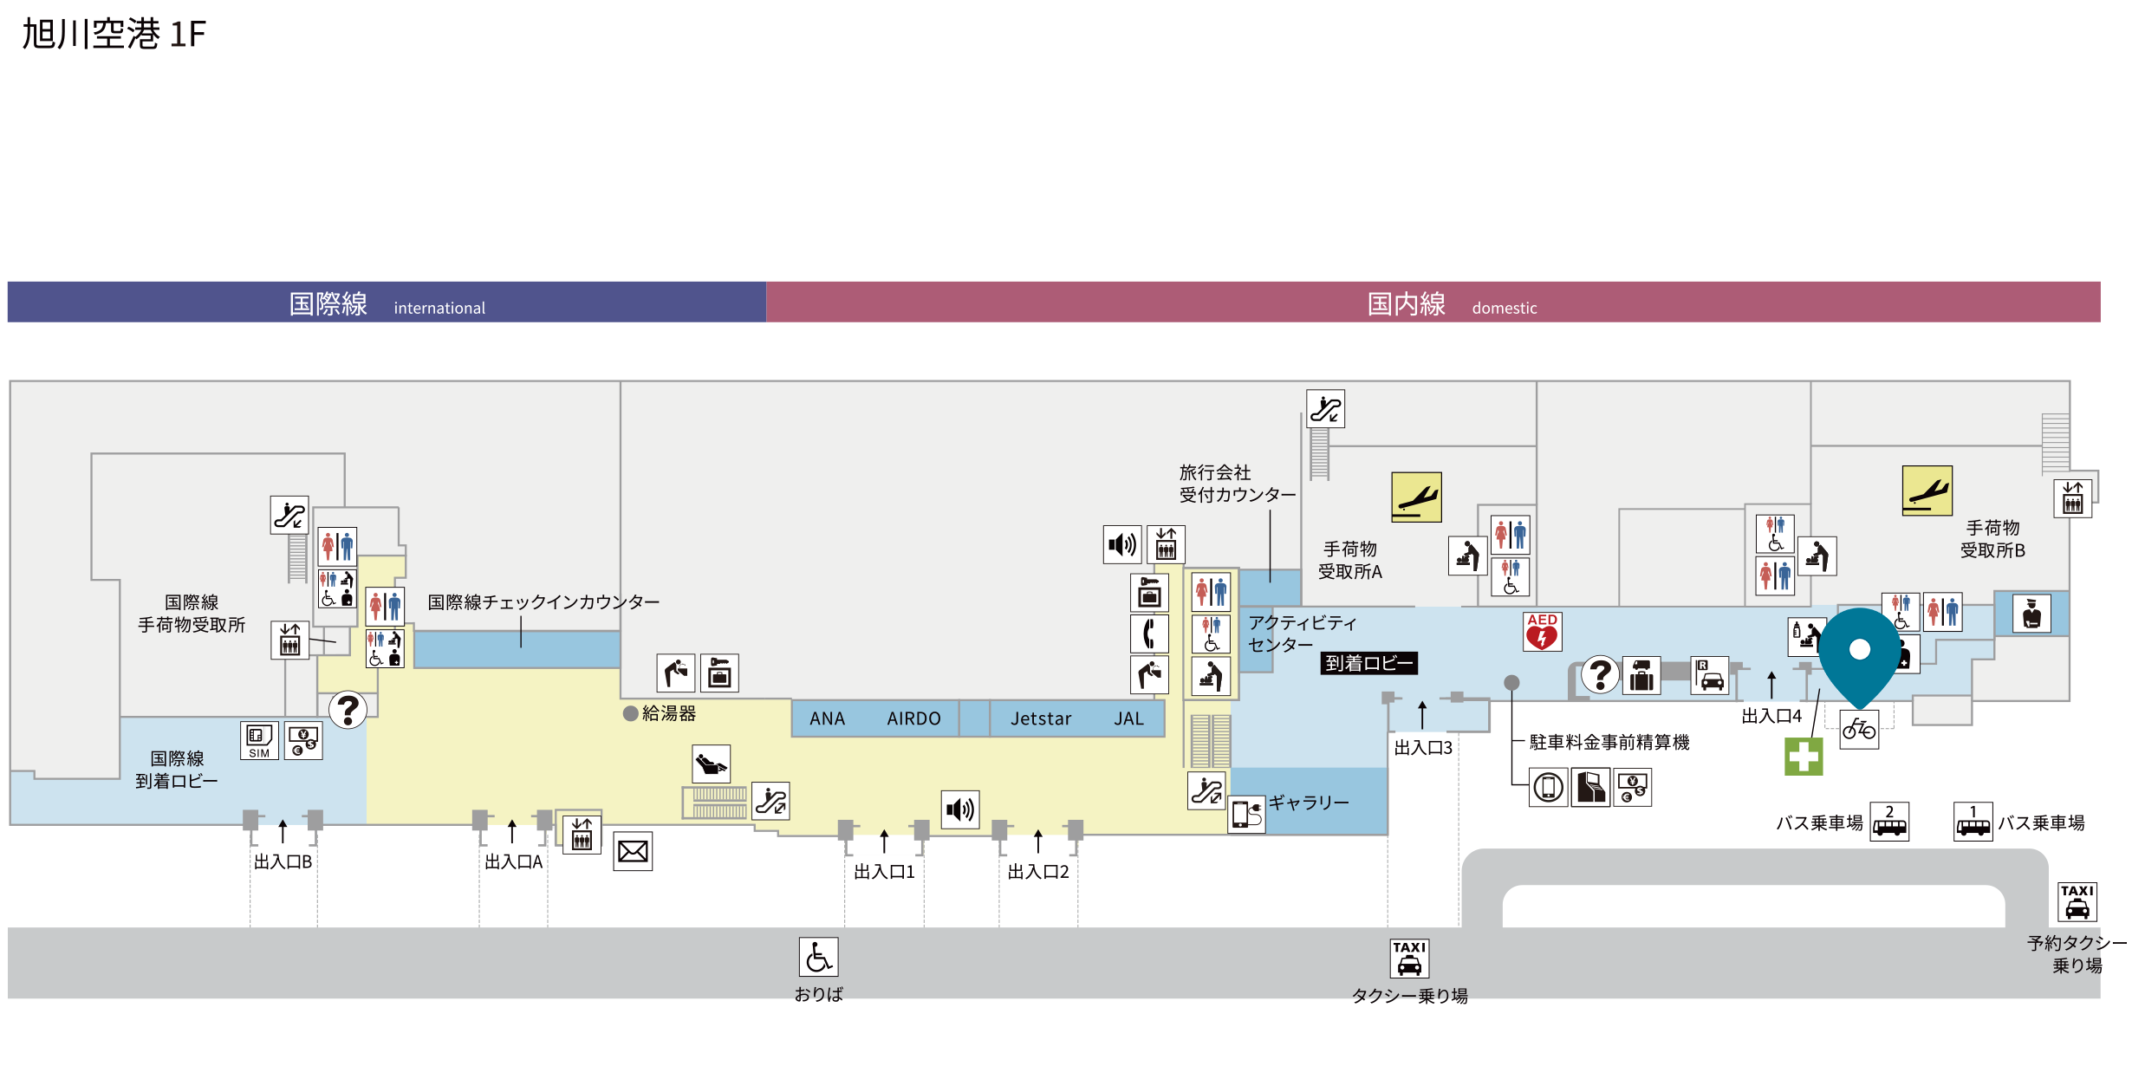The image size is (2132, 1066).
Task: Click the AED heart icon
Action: [x=1543, y=632]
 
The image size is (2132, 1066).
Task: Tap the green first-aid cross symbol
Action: [x=1804, y=757]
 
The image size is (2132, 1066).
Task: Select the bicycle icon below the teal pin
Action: [x=1859, y=730]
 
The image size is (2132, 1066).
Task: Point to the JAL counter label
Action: [x=1128, y=718]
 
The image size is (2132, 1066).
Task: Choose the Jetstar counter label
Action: [x=1041, y=718]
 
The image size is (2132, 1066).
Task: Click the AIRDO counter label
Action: [x=913, y=718]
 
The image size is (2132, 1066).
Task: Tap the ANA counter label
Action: [x=827, y=718]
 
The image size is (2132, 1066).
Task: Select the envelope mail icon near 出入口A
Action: [x=633, y=851]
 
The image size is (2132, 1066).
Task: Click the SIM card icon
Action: [x=259, y=740]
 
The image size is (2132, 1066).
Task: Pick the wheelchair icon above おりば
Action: [x=818, y=957]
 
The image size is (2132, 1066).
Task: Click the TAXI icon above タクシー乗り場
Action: [x=1409, y=959]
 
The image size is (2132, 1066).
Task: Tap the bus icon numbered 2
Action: [x=1889, y=822]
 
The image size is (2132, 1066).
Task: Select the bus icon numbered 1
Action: [x=1973, y=822]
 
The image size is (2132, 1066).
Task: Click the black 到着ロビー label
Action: [x=1368, y=663]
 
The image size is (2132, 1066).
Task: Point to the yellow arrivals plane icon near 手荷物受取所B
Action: [x=1927, y=491]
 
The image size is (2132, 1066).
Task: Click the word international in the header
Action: [x=439, y=308]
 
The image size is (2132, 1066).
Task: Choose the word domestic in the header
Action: [x=1505, y=308]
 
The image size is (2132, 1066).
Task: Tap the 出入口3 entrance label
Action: [x=1423, y=747]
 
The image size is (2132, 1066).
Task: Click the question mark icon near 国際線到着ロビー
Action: [x=348, y=710]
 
